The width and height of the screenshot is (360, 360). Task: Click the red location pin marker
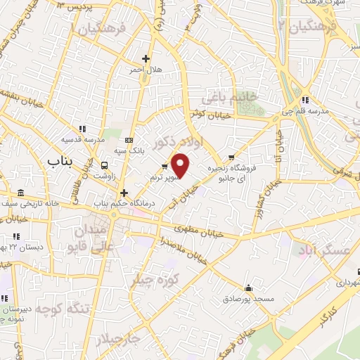pos(181,167)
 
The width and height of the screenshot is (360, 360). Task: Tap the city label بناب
pos(60,161)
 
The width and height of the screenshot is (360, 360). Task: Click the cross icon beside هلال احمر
pos(146,58)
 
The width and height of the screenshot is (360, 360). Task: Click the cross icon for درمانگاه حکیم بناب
pos(124,192)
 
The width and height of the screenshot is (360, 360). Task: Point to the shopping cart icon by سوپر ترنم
pos(165,167)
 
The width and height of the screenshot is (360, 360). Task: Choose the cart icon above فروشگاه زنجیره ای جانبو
pos(232,157)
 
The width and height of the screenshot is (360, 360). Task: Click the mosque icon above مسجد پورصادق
pos(248,288)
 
